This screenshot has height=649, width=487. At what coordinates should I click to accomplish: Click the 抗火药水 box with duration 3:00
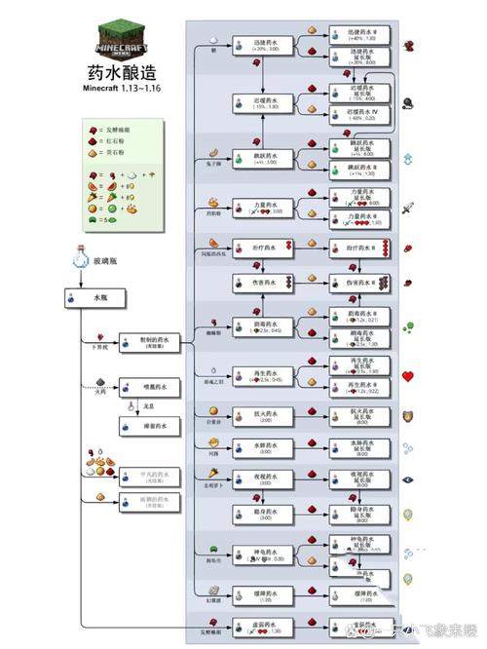[x=263, y=417]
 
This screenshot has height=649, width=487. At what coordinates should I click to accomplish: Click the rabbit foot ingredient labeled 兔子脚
[x=216, y=152]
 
